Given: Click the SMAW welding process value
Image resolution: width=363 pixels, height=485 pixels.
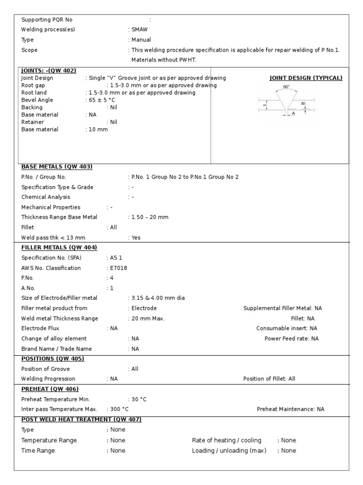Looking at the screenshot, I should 139,29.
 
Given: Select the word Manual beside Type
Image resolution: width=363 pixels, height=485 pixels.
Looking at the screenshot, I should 141,40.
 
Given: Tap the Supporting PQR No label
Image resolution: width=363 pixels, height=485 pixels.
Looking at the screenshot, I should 47,19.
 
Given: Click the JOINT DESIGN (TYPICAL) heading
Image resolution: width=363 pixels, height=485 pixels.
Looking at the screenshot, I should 306,78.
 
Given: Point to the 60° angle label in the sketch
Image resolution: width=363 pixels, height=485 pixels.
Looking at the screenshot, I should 286,87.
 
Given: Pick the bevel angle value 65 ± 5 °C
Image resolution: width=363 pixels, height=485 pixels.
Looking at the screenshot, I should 101,100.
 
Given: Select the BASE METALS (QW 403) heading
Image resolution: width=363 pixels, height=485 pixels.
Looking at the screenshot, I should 57,167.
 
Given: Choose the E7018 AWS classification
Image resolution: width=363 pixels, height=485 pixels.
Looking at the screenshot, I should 118,268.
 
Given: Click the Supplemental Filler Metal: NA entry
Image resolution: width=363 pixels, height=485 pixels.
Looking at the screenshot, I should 283,308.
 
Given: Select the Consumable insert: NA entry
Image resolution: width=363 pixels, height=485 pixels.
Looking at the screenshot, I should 287,328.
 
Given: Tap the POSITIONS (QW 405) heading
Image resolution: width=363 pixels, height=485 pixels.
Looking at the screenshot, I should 52,359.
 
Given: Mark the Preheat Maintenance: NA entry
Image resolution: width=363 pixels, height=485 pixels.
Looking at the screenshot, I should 291,409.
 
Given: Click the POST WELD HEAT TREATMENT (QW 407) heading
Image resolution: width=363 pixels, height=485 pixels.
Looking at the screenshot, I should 81,419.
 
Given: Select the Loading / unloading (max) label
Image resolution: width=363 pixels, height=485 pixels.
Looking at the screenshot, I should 229,450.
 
